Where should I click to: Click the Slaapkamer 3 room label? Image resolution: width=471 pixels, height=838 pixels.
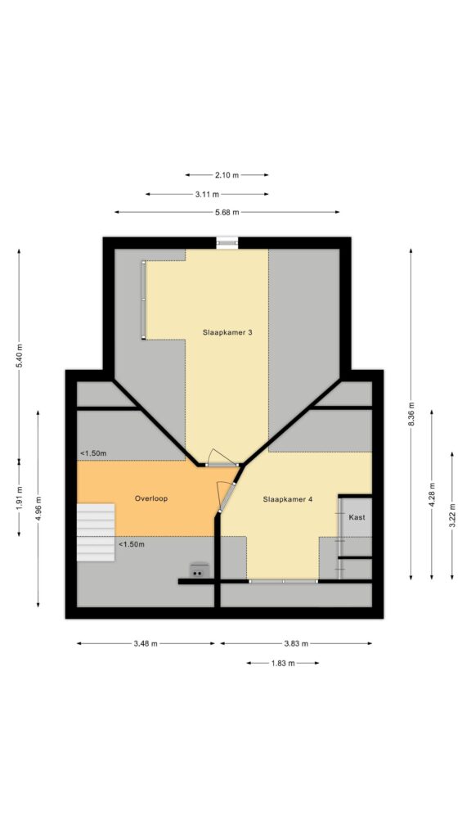coord(227,332)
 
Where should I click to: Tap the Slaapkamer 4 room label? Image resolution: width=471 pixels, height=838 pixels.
coord(288,499)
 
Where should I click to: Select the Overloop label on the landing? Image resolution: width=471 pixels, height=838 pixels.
coord(151,498)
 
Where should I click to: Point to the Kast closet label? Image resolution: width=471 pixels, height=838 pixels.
coord(357,517)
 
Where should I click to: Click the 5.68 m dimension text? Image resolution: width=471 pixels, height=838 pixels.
coord(227,212)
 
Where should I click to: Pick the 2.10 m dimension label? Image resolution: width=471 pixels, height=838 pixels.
coord(227,175)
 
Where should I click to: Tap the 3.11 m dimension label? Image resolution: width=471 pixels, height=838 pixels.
coord(207,194)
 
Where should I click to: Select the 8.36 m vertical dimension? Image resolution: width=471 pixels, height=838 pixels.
coord(411,414)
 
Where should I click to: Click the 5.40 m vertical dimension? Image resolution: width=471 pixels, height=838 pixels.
coord(20,355)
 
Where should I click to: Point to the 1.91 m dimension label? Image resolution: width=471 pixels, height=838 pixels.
coord(20,498)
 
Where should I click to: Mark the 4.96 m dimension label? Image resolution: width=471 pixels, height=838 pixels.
coord(38,508)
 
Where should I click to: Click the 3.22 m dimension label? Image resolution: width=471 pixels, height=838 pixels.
coord(452,516)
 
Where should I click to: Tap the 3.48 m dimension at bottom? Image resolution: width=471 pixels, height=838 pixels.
coord(146,643)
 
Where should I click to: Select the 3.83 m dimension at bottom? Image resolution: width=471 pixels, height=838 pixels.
coord(296,643)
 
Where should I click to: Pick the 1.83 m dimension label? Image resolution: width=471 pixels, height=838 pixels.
coord(283,663)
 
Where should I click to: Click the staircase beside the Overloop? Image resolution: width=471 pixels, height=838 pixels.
coord(96,532)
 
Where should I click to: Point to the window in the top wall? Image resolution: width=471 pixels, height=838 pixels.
coord(227,243)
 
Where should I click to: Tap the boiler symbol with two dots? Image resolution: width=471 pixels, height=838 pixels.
coord(200,570)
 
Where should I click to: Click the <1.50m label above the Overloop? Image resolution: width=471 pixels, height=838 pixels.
coord(93,453)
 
